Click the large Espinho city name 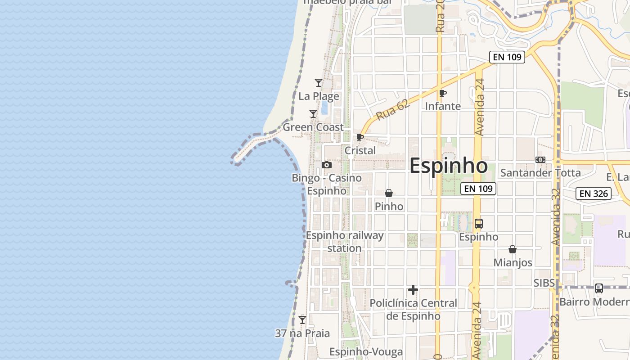tap(449, 166)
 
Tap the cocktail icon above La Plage tap(319, 83)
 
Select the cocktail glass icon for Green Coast tap(313, 114)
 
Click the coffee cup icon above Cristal tap(360, 137)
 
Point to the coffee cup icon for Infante tap(443, 93)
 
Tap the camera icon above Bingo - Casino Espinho tap(327, 165)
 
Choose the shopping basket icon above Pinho tap(389, 193)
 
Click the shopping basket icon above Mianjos tap(513, 249)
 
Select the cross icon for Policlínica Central tap(413, 290)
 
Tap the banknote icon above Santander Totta tap(540, 160)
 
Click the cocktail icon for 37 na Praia tap(302, 320)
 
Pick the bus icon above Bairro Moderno tap(599, 288)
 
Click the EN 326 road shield tap(594, 194)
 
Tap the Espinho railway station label tap(345, 242)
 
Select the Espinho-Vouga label tap(366, 351)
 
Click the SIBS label tap(544, 283)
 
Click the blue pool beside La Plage tap(324, 107)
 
